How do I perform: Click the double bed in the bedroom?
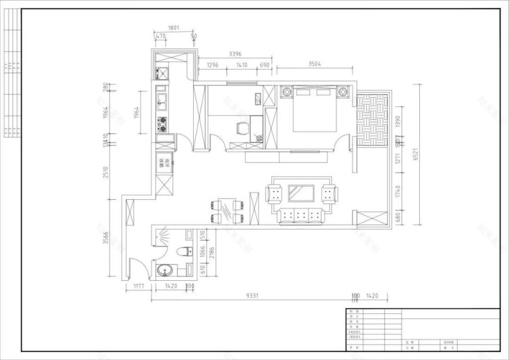[x=315, y=109]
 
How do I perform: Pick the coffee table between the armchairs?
[x=301, y=193]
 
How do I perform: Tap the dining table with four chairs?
[x=230, y=210]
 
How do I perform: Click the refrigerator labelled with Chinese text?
[x=163, y=163]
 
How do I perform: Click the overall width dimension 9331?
[x=252, y=295]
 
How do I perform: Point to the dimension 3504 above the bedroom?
[x=315, y=64]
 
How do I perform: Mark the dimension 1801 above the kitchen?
[x=174, y=27]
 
